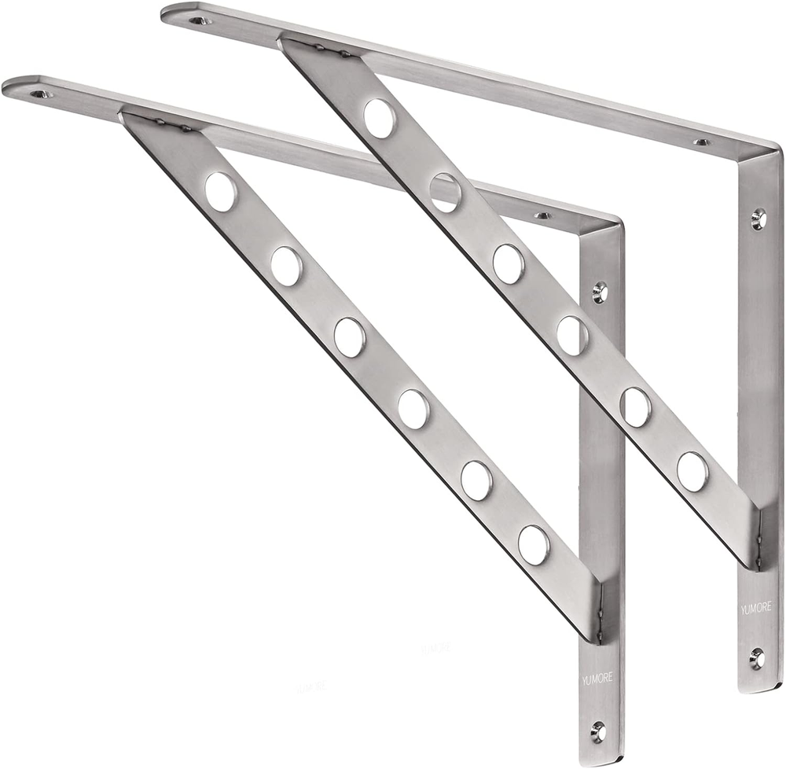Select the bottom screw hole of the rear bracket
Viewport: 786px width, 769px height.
point(756,657)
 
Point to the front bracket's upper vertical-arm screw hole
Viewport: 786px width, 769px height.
point(600,293)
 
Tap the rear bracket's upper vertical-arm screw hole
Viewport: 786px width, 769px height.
point(758,218)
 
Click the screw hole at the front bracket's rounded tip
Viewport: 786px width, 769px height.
point(39,94)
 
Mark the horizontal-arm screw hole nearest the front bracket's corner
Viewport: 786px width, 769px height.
point(542,215)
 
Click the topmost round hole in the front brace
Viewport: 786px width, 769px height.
point(220,191)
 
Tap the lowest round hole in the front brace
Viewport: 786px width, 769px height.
point(534,544)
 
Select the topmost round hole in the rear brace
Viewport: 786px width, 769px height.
point(380,118)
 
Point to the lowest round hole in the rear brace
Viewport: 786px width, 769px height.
point(692,470)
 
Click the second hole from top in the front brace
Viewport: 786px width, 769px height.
point(286,266)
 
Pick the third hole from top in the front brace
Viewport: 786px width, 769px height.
point(349,337)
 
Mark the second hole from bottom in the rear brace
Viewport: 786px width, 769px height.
point(635,407)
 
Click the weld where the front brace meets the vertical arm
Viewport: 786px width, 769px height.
point(604,609)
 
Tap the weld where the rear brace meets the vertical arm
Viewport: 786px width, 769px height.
point(761,535)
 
